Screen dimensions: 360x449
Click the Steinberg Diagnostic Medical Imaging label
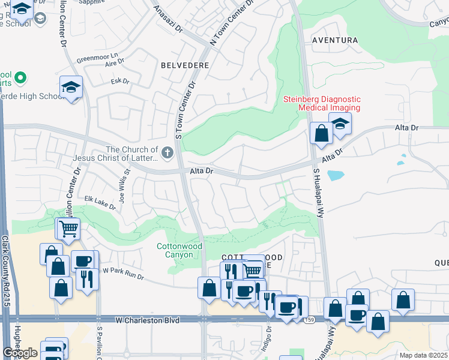(x=322, y=103)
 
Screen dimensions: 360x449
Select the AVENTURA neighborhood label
(x=335, y=40)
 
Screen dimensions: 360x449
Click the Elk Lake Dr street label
(x=100, y=202)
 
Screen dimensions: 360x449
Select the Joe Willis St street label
(x=124, y=187)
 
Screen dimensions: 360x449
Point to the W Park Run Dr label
(x=123, y=273)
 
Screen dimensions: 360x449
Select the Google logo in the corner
(x=20, y=353)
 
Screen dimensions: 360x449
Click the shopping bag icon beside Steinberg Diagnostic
(x=321, y=133)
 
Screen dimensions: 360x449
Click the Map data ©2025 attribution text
(x=424, y=355)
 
